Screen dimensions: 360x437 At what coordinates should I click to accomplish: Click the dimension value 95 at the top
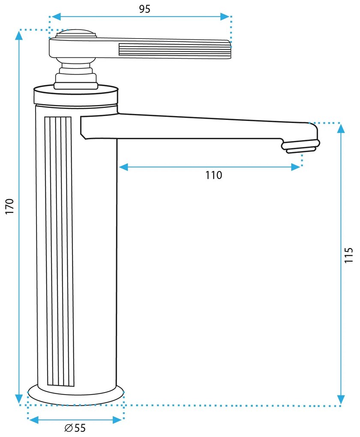pos(145,9)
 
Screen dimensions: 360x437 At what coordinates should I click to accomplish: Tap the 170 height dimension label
pos(9,206)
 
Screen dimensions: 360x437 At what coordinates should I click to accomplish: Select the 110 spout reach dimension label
pos(214,175)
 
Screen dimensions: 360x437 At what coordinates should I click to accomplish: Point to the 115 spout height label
pos(348,255)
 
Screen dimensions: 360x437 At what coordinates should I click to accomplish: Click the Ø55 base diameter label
pos(75,428)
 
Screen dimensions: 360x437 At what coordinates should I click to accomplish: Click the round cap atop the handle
pos(76,34)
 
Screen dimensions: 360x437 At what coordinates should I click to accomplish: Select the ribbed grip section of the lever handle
pos(175,51)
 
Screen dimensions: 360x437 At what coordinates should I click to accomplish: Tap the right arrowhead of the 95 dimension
pos(225,16)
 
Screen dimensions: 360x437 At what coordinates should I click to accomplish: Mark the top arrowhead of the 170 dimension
pos(19,36)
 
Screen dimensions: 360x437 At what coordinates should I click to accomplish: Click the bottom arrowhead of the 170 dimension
pos(19,399)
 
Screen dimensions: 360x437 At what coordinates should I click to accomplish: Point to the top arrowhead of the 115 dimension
pos(341,129)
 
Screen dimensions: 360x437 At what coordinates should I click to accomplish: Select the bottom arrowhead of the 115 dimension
pos(341,399)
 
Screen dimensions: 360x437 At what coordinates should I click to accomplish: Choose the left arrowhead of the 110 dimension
pos(123,167)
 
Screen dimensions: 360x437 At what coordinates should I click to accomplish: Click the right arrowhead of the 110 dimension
pos(296,167)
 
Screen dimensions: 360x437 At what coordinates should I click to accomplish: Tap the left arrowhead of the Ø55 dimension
pos(34,420)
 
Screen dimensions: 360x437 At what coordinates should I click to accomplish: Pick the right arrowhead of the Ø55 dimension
pos(117,420)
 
